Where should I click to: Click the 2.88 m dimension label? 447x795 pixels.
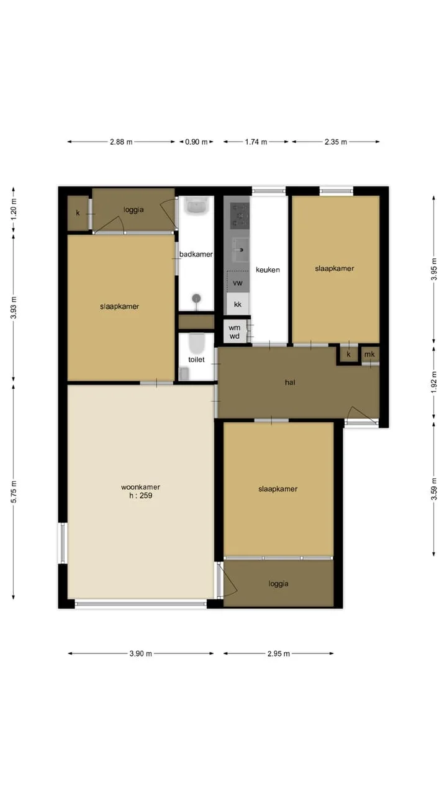(121, 142)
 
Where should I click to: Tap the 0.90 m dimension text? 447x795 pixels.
(196, 142)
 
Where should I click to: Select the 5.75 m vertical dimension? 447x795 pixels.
(14, 491)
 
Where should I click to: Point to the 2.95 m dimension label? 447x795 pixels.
(279, 653)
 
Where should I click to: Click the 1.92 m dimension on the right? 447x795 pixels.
(434, 382)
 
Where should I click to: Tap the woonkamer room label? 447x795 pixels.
(140, 487)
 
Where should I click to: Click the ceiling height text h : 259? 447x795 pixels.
(140, 496)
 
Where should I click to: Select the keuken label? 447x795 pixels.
(268, 270)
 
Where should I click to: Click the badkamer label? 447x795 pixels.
(196, 254)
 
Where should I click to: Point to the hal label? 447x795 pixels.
(290, 382)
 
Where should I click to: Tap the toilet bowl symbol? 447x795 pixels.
(197, 342)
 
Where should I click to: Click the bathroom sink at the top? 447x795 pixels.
(197, 206)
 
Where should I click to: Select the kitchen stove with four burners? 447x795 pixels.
(240, 216)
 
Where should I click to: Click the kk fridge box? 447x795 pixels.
(238, 304)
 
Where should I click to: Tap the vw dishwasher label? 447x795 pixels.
(238, 283)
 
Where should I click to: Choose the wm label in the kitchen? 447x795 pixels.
(234, 327)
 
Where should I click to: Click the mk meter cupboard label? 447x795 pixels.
(369, 354)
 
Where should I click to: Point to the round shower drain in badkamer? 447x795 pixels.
(196, 298)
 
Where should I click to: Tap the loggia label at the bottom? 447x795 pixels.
(278, 583)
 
